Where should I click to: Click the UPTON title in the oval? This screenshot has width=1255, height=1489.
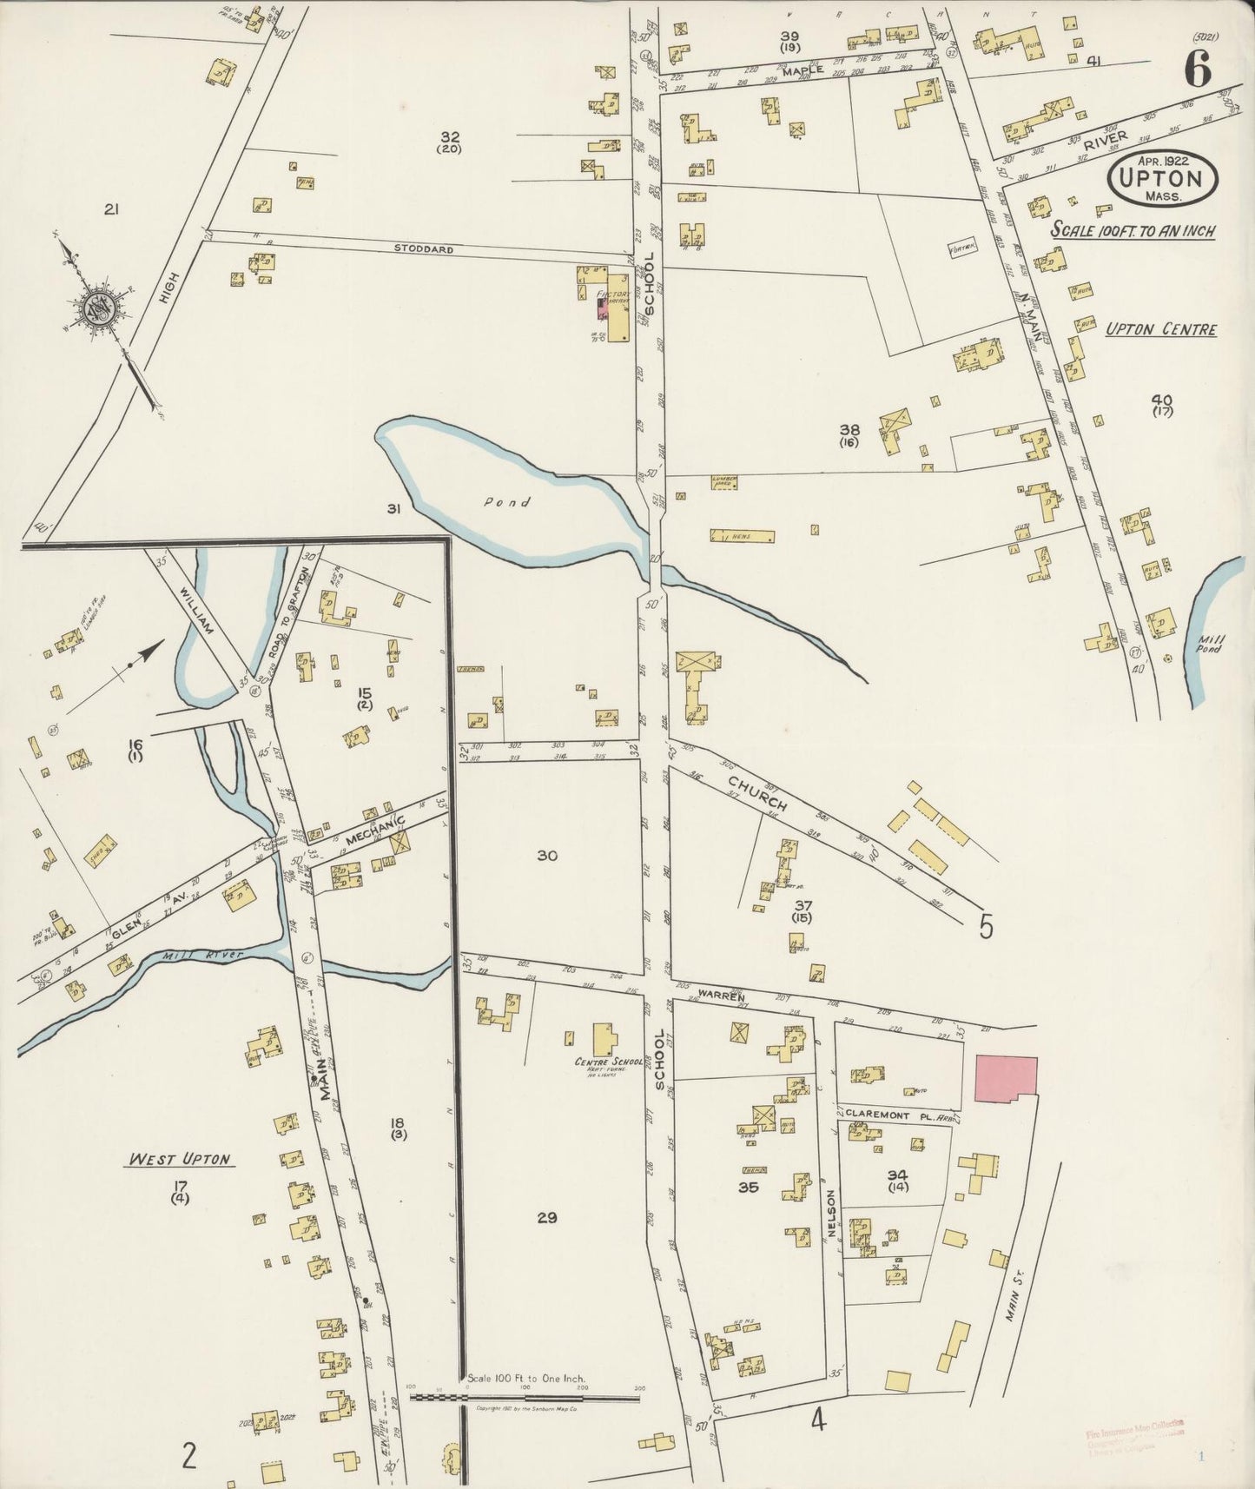1163,180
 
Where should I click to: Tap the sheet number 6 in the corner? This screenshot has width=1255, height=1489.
1197,69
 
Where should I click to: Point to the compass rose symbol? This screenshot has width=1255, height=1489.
96,308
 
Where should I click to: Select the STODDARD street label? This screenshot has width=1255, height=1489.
424,248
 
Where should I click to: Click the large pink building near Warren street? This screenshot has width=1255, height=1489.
1006,1079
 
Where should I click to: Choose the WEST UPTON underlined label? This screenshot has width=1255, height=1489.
180,1159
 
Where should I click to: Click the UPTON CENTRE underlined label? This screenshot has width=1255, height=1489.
1160,329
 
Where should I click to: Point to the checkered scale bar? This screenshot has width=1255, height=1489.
525,1398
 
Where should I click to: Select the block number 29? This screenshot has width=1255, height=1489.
546,1217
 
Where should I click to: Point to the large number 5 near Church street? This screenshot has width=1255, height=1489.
985,927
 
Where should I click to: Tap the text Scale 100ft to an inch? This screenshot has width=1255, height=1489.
1133,231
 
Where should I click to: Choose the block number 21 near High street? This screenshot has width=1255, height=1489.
111,208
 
